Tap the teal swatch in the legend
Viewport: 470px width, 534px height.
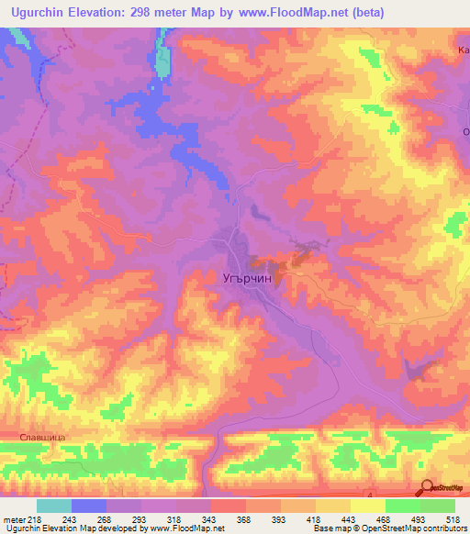[54, 506]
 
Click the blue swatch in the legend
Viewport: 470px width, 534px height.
[89, 506]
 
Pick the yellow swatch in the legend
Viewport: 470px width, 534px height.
[367, 506]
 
